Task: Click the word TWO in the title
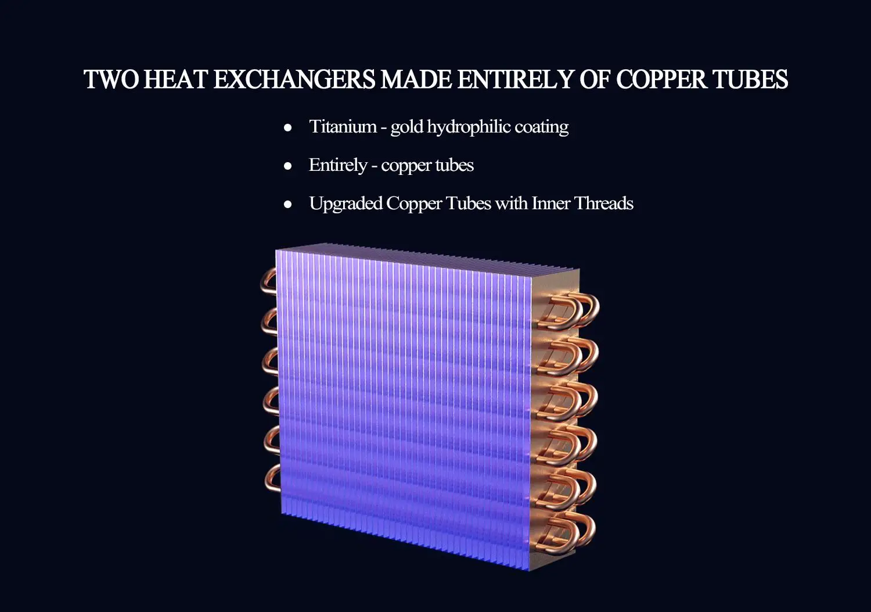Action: point(111,80)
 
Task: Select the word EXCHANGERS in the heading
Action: point(295,80)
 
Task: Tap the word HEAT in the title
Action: point(176,80)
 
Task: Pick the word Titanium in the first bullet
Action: point(343,127)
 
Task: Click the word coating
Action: point(542,127)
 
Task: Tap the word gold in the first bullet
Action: point(406,127)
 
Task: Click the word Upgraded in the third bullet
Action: point(345,203)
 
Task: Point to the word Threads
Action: point(604,203)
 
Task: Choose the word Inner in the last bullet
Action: point(550,203)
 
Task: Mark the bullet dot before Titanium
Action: point(288,128)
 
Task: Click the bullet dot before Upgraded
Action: point(288,205)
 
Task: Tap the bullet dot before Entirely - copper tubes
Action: point(288,166)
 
